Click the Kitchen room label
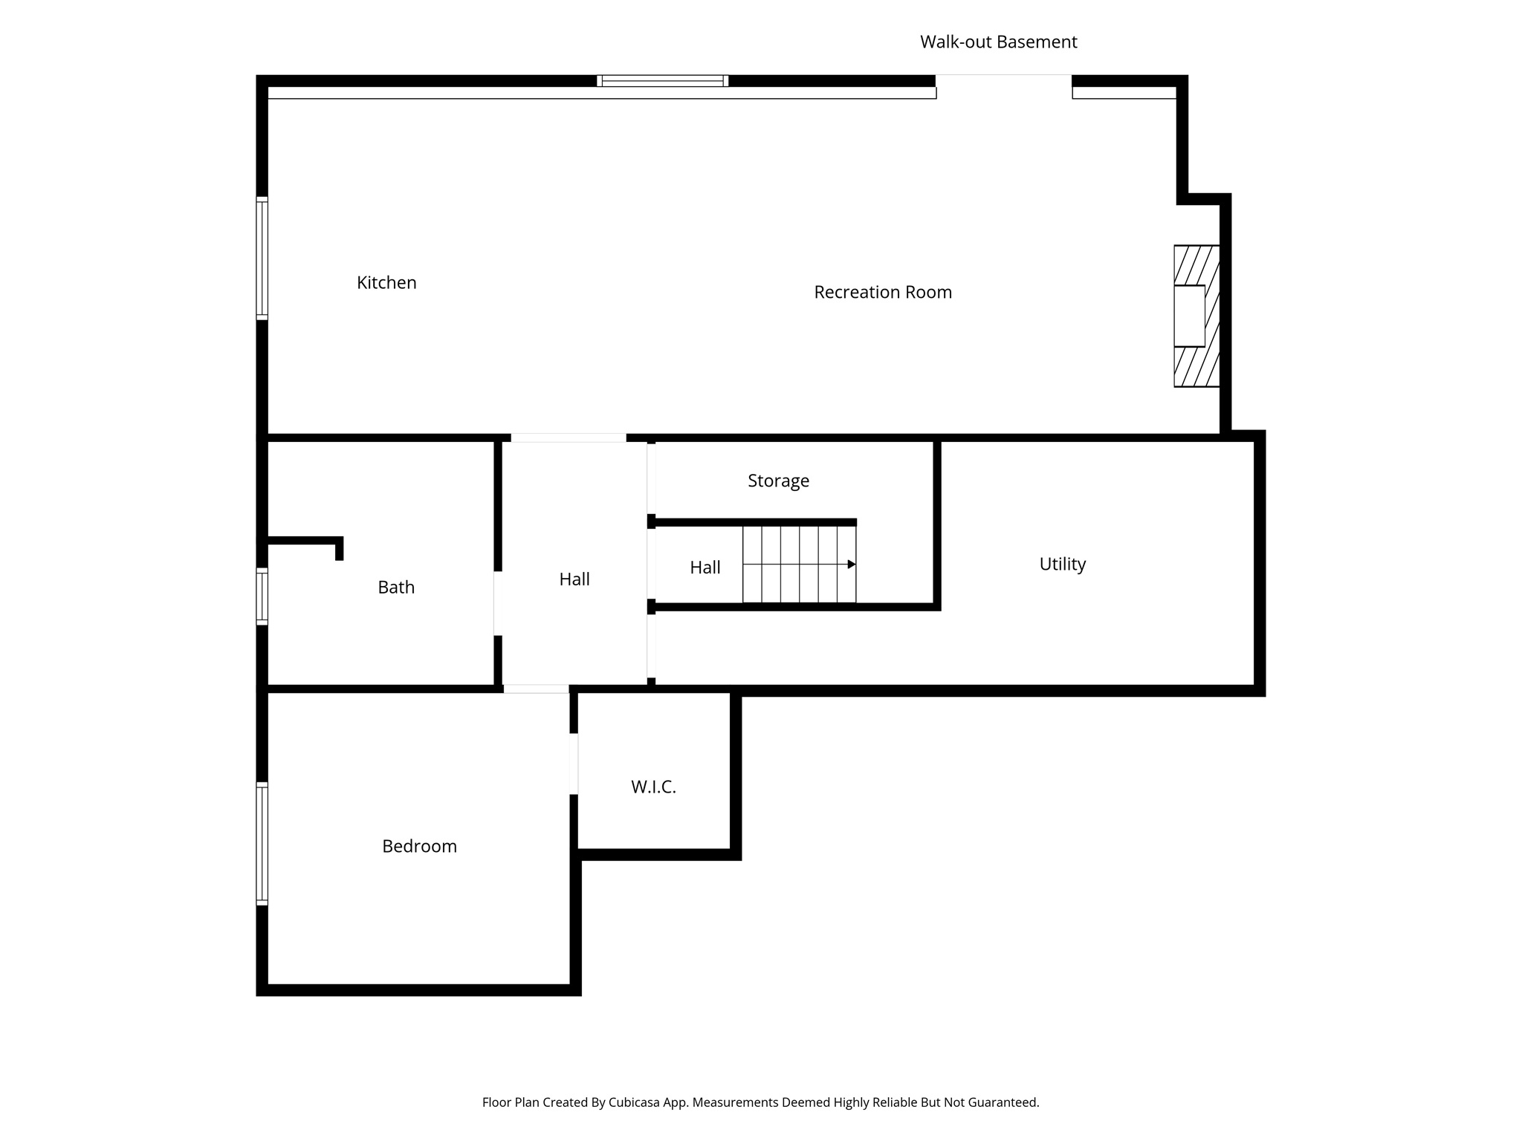pyautogui.click(x=386, y=282)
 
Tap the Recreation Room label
pyautogui.click(x=882, y=292)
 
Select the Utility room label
pyautogui.click(x=1062, y=564)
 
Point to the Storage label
pyautogui.click(x=778, y=481)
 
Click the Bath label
pyautogui.click(x=396, y=587)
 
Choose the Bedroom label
pyautogui.click(x=419, y=846)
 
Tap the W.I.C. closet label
pyautogui.click(x=653, y=787)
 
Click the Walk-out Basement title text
pyautogui.click(x=998, y=42)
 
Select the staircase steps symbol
pyautogui.click(x=799, y=565)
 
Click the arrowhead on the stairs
pyautogui.click(x=852, y=565)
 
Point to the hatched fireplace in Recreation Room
pyautogui.click(x=1196, y=316)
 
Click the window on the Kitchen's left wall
pyautogui.click(x=262, y=259)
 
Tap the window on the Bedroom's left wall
pyautogui.click(x=262, y=843)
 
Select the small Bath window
pyautogui.click(x=262, y=596)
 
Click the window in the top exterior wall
pyautogui.click(x=662, y=81)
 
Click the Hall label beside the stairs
pyautogui.click(x=705, y=568)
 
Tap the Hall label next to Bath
pyautogui.click(x=574, y=579)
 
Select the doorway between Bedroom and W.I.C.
pyautogui.click(x=574, y=764)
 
